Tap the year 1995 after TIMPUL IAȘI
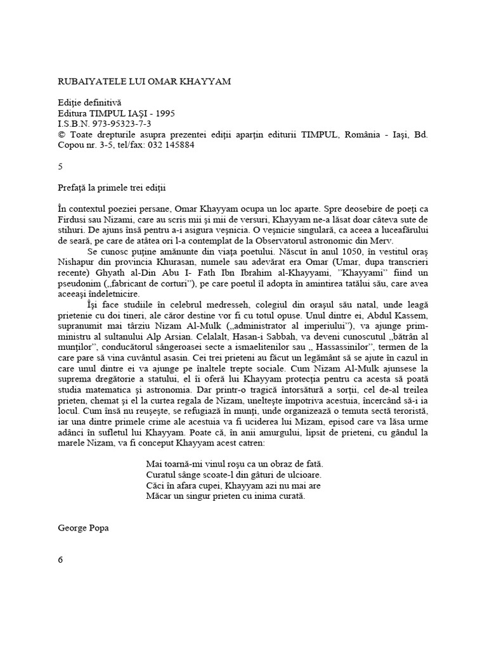coord(163,113)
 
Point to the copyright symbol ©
coord(61,134)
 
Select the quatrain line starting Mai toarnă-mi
coord(234,464)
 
